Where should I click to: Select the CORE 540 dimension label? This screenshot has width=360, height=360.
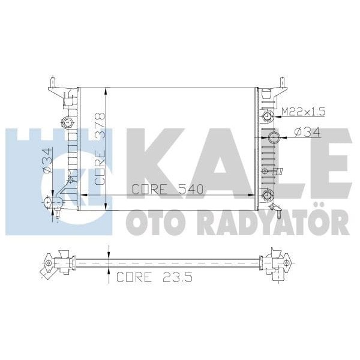[168, 188]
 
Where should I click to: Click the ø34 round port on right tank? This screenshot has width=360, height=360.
[274, 137]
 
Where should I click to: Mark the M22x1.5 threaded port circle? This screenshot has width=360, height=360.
[266, 115]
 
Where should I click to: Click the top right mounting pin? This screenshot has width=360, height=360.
[281, 80]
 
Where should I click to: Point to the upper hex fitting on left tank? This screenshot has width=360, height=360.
[69, 124]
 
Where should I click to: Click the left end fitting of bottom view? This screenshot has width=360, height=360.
[51, 263]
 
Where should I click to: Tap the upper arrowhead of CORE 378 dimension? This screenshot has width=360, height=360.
[106, 91]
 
